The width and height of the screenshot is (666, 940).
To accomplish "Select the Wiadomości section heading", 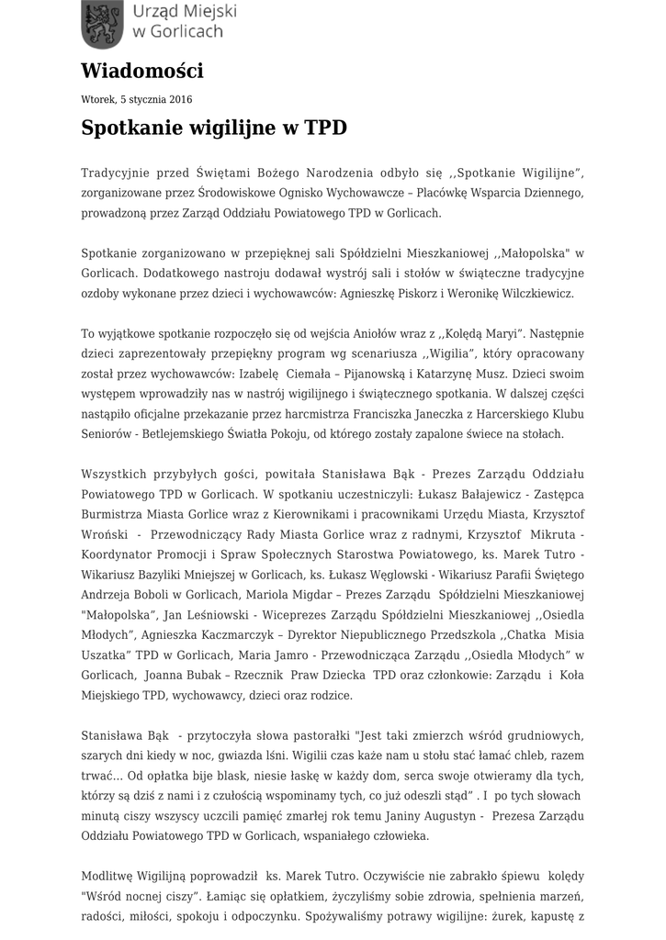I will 142,71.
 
